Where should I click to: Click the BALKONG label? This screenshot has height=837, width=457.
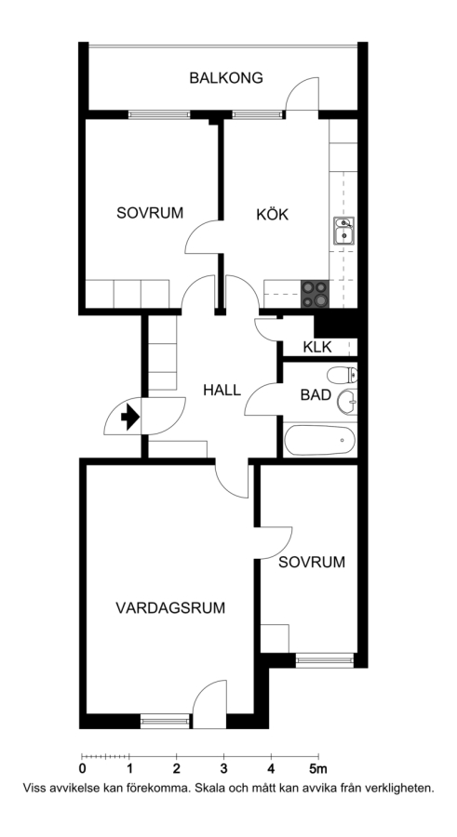click(226, 78)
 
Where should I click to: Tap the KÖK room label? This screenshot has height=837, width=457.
click(272, 215)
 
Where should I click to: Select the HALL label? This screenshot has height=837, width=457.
click(222, 390)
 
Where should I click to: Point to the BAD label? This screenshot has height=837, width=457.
click(316, 395)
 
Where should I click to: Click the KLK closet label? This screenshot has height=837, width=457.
click(317, 347)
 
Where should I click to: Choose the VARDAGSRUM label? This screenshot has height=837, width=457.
click(170, 607)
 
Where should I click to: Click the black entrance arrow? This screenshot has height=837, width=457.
click(130, 417)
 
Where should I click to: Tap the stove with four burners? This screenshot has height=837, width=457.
click(315, 294)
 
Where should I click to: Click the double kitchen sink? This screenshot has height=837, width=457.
click(344, 231)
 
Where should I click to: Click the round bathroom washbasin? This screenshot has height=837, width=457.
click(347, 402)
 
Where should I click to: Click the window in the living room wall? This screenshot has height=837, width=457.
click(165, 722)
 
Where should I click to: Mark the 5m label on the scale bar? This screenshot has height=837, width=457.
click(318, 769)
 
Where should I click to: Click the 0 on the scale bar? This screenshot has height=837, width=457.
click(82, 769)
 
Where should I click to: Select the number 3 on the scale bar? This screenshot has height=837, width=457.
click(224, 769)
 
